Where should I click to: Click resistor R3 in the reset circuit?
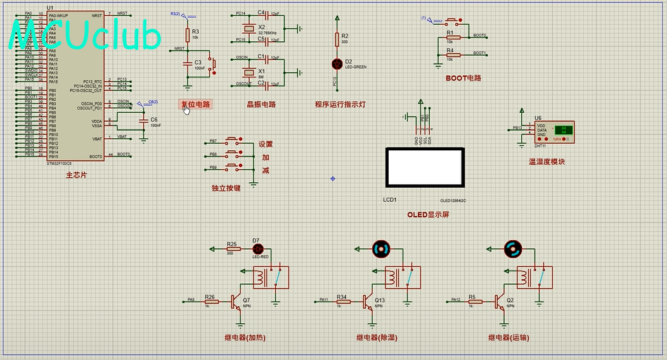(x=188, y=34)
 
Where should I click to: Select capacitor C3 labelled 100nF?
(x=188, y=63)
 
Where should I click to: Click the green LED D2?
(x=337, y=63)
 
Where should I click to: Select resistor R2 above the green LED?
(x=337, y=39)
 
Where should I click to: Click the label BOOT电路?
(x=463, y=79)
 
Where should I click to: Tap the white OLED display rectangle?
(x=425, y=167)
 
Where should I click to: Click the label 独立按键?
(x=226, y=189)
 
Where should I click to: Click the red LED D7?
(x=257, y=249)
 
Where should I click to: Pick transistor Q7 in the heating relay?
(x=237, y=301)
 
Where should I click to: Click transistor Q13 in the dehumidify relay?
(x=368, y=302)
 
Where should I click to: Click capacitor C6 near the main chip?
(x=144, y=120)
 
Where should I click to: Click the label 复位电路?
(x=195, y=105)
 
